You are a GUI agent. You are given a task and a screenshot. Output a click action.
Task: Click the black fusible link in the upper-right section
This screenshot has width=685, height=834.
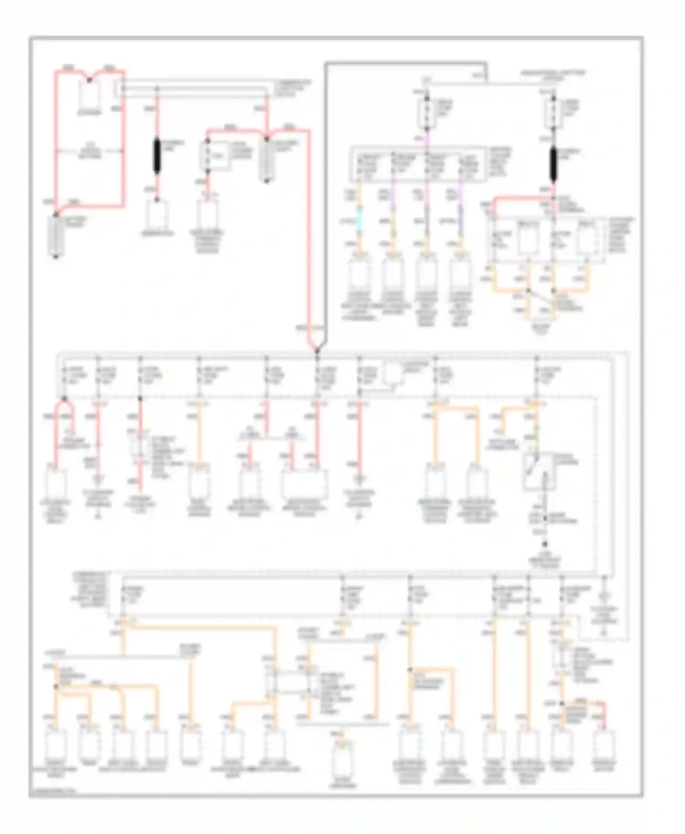[x=553, y=164]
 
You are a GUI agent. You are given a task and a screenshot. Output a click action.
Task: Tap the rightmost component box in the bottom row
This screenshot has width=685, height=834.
[x=605, y=744]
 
